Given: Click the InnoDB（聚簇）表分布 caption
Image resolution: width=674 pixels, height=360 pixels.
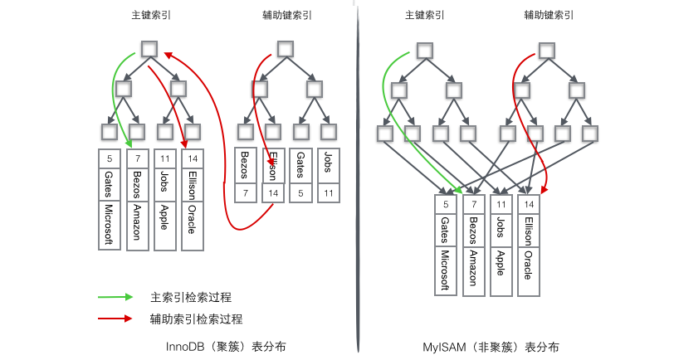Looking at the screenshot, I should click(227, 347).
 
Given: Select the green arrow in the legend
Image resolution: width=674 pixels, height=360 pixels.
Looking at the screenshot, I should click(115, 297).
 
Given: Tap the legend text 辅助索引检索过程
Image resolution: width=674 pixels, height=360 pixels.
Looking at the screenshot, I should click(190, 319).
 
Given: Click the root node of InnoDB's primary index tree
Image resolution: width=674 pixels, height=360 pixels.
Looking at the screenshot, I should click(149, 49).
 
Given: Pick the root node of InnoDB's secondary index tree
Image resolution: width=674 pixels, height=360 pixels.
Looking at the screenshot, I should click(285, 49).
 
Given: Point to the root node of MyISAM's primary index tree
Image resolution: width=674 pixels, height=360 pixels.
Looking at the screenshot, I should click(423, 49).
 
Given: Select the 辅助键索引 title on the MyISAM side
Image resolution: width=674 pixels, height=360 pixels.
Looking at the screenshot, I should click(549, 15).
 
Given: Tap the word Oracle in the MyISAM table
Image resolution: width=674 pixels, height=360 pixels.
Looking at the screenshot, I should click(529, 262).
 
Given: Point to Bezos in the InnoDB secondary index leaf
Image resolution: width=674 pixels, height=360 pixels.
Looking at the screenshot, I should click(245, 164).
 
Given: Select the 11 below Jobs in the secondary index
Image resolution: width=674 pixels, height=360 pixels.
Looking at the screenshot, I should click(329, 193).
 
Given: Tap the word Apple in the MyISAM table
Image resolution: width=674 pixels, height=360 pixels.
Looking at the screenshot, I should click(501, 262).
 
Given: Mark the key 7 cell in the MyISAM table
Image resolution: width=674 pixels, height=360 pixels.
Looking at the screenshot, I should click(474, 204).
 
